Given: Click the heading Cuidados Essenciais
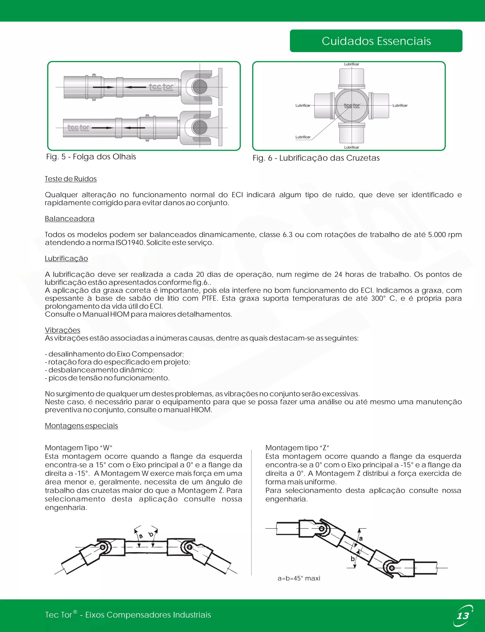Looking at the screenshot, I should coord(376,41).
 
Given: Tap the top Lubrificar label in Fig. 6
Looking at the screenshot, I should coord(351,64).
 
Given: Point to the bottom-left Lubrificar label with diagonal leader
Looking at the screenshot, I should coord(303,137).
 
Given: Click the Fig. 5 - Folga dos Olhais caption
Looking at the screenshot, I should coord(91,157).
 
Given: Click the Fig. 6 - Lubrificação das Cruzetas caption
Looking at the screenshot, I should coord(316,158).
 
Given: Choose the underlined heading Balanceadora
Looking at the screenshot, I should coord(70,219).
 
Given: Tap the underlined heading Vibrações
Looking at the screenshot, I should coord(62,330).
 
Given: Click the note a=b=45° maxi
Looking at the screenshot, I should coord(299,578).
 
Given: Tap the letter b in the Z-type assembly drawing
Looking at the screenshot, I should coord(352,559).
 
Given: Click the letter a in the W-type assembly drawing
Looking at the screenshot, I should coord(141,536).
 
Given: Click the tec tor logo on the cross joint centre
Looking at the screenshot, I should coord(352,106).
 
